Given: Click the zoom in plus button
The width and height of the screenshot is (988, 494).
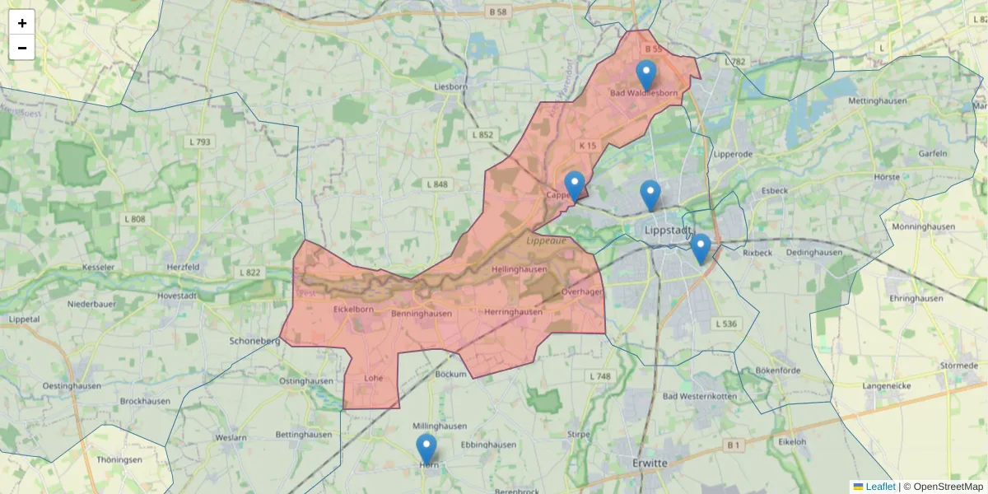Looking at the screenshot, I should pyautogui.click(x=22, y=23).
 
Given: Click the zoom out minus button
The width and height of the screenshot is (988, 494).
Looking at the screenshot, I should pyautogui.click(x=22, y=48).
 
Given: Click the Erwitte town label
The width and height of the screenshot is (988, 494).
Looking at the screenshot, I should pyautogui.click(x=645, y=464).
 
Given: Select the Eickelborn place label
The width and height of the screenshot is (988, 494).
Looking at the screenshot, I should pyautogui.click(x=354, y=310).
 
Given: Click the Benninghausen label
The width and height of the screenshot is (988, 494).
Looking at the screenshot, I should pyautogui.click(x=422, y=314).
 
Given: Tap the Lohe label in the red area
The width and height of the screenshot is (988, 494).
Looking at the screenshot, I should pyautogui.click(x=373, y=378).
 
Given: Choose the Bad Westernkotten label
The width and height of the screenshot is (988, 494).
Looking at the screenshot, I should pyautogui.click(x=700, y=397).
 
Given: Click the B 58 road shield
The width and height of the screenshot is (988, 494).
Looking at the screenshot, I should pyautogui.click(x=497, y=12).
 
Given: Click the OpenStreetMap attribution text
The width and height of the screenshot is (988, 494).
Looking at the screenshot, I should pyautogui.click(x=948, y=487).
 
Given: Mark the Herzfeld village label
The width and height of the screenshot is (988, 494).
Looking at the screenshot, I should pyautogui.click(x=183, y=268).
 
